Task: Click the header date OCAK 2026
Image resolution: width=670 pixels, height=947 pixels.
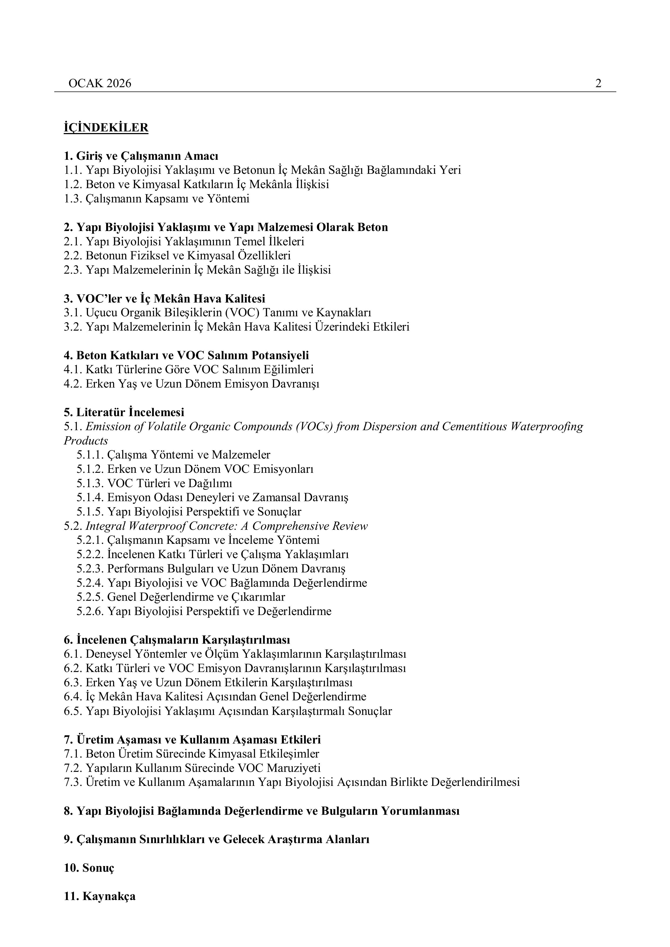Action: (x=100, y=84)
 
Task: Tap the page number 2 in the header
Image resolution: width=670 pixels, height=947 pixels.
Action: (x=598, y=84)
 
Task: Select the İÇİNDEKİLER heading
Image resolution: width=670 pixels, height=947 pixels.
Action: (x=106, y=128)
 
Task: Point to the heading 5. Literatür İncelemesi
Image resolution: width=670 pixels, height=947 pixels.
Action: (x=124, y=412)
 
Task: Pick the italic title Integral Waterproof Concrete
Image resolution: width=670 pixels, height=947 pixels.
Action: (x=226, y=526)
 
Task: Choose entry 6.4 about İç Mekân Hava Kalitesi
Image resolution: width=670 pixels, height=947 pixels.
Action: (x=215, y=697)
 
